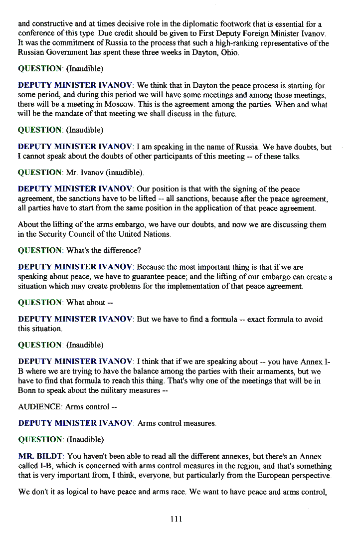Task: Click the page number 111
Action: point(176,519)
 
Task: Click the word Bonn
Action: point(27,391)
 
